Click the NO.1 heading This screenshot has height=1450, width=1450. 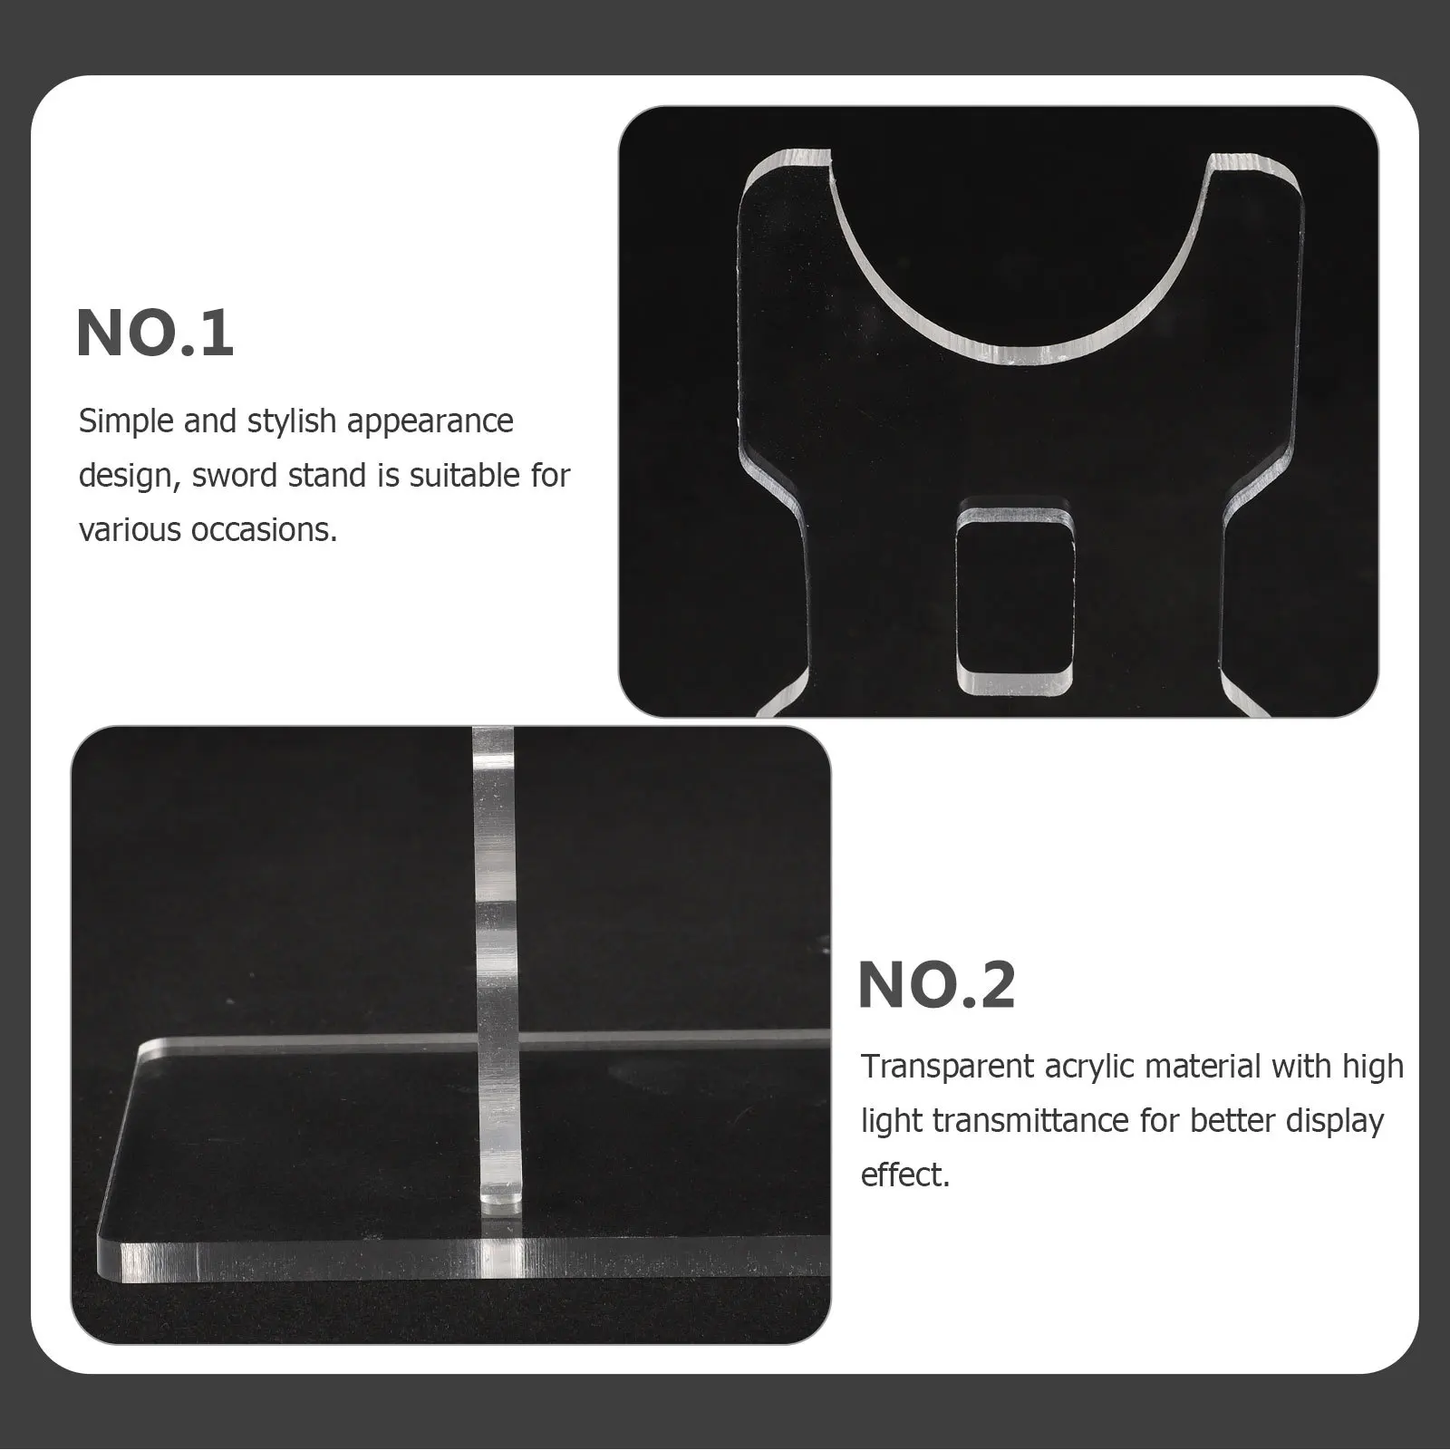155,333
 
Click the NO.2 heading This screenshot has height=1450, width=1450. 936,985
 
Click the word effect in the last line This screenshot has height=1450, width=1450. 904,1175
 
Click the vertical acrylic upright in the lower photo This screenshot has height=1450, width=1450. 494,906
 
